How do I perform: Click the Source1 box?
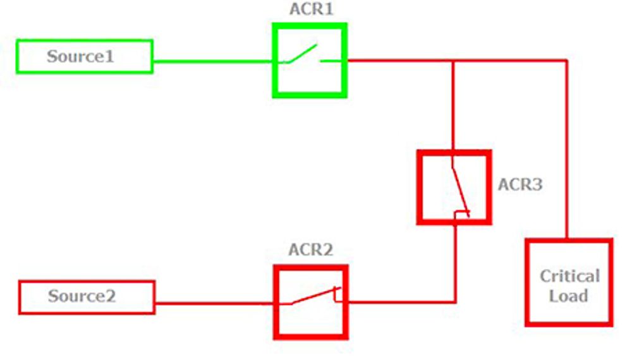point(84,56)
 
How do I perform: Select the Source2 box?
point(87,297)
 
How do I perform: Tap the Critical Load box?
point(569,282)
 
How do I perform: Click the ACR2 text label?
point(310,249)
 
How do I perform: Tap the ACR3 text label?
point(520,185)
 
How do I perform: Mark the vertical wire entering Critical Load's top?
point(566,152)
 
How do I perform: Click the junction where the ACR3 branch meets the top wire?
point(453,61)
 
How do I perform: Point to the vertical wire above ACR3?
point(453,107)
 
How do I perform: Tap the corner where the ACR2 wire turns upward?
point(455,302)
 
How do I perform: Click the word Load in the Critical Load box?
point(568,296)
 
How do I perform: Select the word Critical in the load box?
point(569,276)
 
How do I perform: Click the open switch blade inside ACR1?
point(301,54)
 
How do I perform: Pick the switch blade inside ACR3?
point(459,189)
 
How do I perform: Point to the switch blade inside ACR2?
point(313,296)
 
